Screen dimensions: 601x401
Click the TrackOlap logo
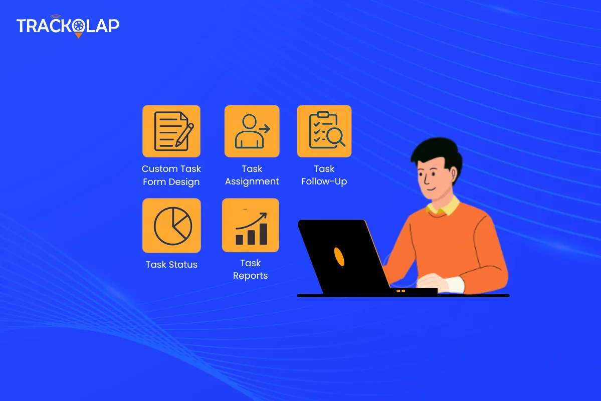tap(68, 26)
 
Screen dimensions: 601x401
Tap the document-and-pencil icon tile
tap(171, 131)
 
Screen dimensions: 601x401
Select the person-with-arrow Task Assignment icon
tap(252, 131)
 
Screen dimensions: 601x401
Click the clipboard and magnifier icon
tap(324, 131)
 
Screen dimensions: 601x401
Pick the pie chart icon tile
tap(171, 226)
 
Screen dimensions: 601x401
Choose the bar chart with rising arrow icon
tap(251, 225)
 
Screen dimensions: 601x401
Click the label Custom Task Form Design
tap(171, 175)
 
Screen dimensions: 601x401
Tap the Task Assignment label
tap(252, 175)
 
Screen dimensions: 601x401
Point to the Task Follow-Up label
tap(324, 175)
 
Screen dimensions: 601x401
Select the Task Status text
tap(171, 265)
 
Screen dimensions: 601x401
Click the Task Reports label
tap(250, 269)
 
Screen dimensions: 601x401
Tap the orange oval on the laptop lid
tap(339, 257)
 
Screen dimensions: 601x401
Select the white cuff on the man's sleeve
tap(455, 285)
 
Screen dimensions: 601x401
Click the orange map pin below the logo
tap(79, 35)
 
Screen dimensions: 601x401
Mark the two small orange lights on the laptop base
tap(400, 291)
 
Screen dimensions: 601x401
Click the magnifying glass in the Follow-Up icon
tap(335, 136)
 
